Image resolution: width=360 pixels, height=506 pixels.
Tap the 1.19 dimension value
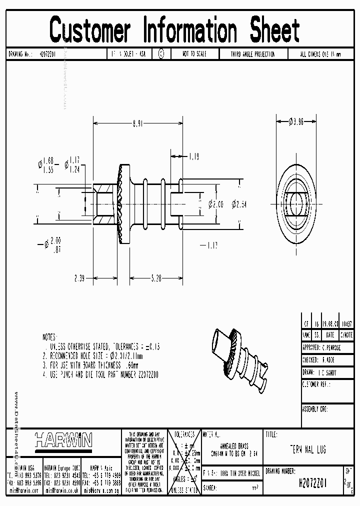[x=193, y=156]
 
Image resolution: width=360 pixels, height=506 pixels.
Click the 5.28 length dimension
[x=156, y=278]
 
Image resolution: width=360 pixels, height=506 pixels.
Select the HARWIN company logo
[x=63, y=440]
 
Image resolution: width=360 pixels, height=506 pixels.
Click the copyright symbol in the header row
[x=161, y=54]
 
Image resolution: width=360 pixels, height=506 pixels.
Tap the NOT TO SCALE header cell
[x=194, y=54]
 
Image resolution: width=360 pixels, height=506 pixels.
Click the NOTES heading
[x=50, y=338]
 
